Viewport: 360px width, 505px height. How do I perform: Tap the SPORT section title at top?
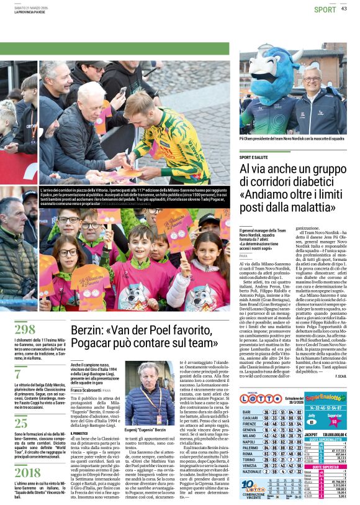[325, 9]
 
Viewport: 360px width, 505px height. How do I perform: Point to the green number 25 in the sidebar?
[20, 422]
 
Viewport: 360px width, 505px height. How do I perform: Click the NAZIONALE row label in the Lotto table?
[253, 471]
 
